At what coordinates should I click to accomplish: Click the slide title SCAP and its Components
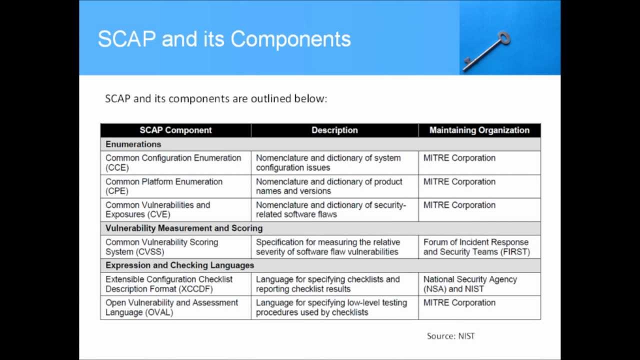tap(224, 39)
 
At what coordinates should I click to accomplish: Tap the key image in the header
tap(486, 51)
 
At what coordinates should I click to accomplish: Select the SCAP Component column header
tap(175, 130)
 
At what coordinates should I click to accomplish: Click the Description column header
tap(334, 130)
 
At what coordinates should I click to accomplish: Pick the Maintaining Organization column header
tap(479, 130)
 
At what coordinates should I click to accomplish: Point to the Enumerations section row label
tap(133, 144)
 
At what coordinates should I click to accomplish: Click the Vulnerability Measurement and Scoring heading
tap(184, 228)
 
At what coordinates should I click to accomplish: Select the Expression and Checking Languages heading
tap(179, 265)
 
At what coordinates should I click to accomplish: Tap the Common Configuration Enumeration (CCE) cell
tap(173, 162)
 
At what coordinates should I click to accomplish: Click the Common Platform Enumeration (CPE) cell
tap(164, 186)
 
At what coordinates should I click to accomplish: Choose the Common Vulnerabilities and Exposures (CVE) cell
tap(157, 209)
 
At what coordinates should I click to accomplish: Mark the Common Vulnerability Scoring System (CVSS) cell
tap(161, 246)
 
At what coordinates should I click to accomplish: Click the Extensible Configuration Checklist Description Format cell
tap(169, 284)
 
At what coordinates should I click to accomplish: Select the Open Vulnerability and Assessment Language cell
tap(171, 307)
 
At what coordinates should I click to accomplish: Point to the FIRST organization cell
tap(476, 246)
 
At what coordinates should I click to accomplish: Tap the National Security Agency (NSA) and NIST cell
tap(470, 284)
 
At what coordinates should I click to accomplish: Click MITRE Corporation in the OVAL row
tap(459, 302)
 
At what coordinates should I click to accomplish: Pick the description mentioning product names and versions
tap(329, 186)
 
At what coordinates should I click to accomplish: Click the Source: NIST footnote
tap(450, 336)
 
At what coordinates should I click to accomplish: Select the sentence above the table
tap(216, 98)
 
